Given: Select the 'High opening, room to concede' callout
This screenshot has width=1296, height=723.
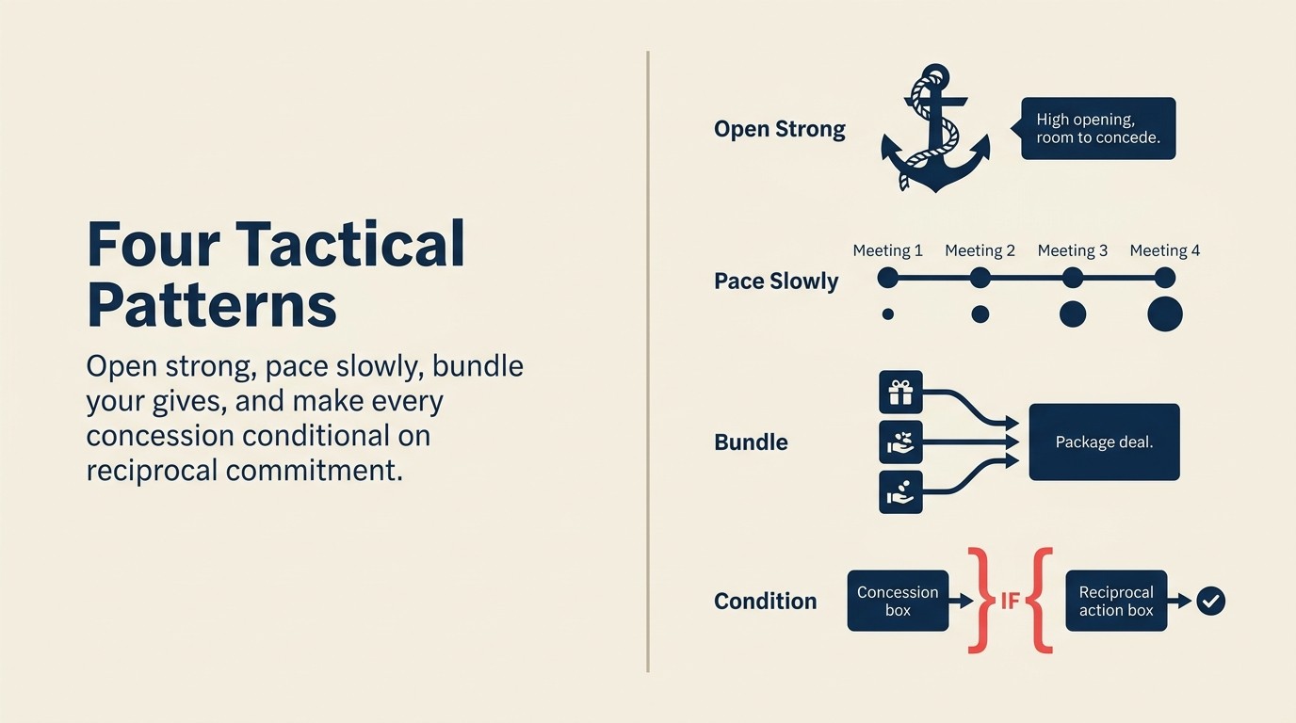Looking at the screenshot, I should [1098, 129].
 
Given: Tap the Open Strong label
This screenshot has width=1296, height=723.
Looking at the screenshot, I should [780, 129].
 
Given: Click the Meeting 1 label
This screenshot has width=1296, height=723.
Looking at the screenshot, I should [887, 250].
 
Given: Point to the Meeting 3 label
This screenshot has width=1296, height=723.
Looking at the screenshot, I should [1072, 250].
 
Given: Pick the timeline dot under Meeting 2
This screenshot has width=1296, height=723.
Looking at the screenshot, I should [980, 278].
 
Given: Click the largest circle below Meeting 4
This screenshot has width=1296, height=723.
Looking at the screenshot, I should [1164, 314].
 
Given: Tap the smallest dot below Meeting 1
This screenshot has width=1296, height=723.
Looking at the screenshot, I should [887, 314].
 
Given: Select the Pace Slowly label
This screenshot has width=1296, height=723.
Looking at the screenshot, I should [776, 281].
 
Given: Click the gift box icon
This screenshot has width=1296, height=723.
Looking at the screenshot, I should [900, 392].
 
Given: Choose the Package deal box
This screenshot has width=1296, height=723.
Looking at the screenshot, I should [1104, 442].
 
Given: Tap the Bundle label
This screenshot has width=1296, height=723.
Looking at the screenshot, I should [751, 442].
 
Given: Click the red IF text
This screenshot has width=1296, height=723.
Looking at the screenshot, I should [1010, 601].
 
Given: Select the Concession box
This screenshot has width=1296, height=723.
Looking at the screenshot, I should [898, 601].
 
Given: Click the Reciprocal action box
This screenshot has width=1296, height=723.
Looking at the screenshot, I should [1116, 601].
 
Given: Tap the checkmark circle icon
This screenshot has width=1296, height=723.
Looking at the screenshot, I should [1210, 601].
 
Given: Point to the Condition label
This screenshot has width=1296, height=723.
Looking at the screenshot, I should [765, 601].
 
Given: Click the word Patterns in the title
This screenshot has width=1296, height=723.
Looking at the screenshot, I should [211, 305].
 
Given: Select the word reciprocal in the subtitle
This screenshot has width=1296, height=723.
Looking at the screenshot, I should [152, 469].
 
